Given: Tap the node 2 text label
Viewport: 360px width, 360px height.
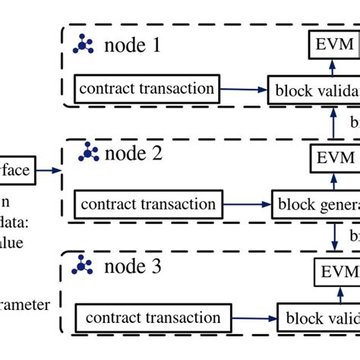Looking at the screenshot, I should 133,153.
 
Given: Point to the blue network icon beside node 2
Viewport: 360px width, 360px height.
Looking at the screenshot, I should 90,154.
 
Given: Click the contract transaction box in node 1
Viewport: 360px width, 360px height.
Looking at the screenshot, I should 146,89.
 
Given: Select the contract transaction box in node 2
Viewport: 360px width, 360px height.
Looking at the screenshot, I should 147,204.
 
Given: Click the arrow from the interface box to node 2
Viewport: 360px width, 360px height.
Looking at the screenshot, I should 50,171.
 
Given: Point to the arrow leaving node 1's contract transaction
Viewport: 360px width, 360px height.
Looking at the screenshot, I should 244,90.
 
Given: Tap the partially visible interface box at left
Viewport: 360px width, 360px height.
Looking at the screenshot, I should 17,171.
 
